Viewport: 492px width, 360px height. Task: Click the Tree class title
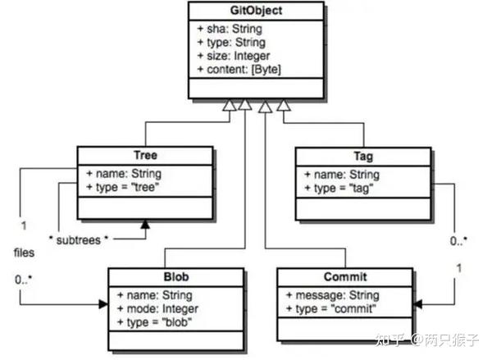pyautogui.click(x=144, y=156)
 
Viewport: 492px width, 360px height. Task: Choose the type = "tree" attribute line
pyautogui.click(x=123, y=187)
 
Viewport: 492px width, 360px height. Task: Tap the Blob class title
pyautogui.click(x=176, y=277)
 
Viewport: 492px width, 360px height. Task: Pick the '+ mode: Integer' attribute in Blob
pyautogui.click(x=157, y=308)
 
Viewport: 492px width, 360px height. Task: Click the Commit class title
pyautogui.click(x=346, y=277)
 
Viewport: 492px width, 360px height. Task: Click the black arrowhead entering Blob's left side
pyautogui.click(x=103, y=303)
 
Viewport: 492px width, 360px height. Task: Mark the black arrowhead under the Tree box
pyautogui.click(x=145, y=223)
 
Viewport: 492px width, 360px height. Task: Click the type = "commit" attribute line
pyautogui.click(x=330, y=308)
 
